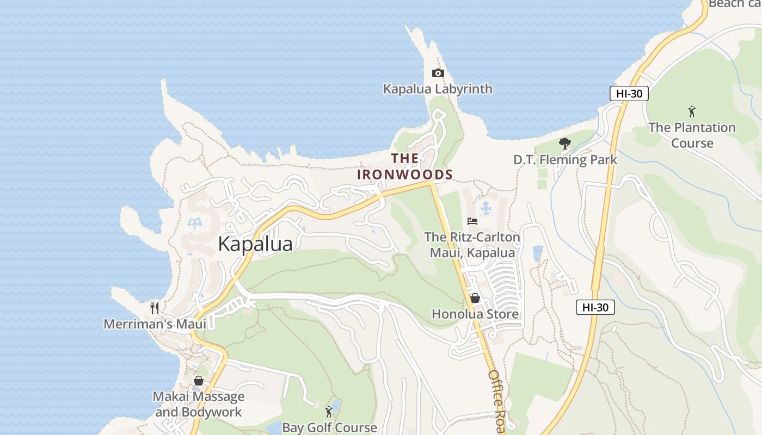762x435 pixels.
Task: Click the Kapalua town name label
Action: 255,244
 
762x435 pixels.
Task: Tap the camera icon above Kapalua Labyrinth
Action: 438,73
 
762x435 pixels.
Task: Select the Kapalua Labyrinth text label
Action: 438,89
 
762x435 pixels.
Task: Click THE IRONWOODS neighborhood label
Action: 405,166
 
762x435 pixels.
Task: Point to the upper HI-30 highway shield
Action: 629,94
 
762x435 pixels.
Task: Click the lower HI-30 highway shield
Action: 595,307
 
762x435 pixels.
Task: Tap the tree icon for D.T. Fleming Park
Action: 565,144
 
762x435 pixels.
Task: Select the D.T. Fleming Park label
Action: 565,159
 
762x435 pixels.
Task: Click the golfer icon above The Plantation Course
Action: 692,111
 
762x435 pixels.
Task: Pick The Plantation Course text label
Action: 692,135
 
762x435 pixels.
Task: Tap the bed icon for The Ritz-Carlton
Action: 472,221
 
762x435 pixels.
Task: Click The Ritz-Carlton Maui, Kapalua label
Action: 472,245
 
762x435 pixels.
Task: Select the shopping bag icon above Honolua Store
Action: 475,298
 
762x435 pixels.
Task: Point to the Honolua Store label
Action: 475,314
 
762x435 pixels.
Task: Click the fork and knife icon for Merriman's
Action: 155,308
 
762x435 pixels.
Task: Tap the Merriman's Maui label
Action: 155,324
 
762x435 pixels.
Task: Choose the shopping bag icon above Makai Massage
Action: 199,381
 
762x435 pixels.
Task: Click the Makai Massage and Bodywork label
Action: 199,404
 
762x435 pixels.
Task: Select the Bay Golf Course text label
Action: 329,427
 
